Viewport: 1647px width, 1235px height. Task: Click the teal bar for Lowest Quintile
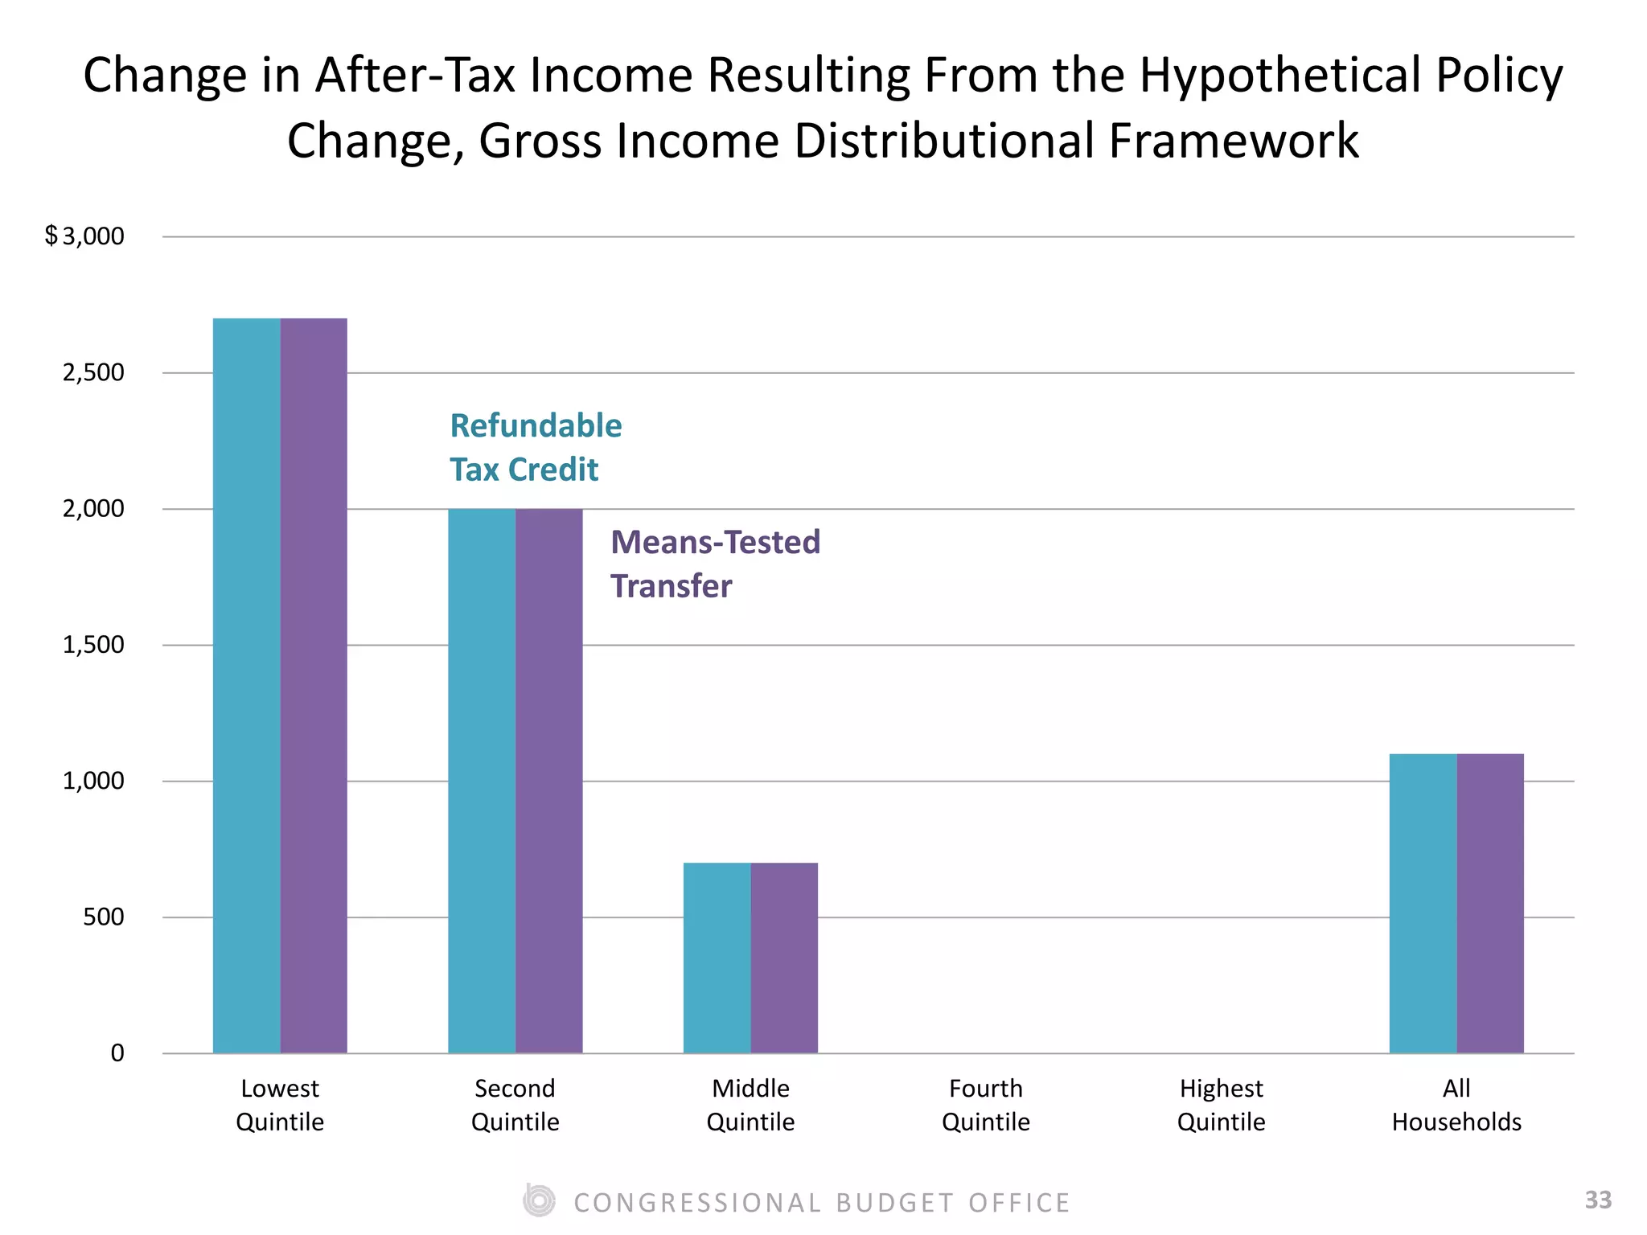(246, 685)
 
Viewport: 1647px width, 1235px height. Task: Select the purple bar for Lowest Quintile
(314, 685)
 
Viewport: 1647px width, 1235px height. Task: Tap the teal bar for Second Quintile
(482, 780)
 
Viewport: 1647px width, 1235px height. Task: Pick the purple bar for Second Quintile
(549, 780)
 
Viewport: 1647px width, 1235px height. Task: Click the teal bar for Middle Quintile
(717, 957)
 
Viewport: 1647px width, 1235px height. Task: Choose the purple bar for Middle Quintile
(784, 957)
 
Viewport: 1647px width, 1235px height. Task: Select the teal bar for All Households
(1423, 903)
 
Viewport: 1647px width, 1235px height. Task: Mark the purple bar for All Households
(1490, 903)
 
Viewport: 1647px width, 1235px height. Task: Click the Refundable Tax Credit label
(535, 447)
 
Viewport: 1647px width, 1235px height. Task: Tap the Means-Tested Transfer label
(714, 564)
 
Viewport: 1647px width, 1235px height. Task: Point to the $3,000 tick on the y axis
(85, 236)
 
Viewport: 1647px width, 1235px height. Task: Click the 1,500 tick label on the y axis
(93, 645)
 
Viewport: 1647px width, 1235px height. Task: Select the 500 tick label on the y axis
(103, 917)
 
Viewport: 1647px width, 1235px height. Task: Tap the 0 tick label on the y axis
(117, 1053)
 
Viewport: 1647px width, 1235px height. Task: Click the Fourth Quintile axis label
(985, 1105)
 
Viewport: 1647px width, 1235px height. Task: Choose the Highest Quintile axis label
(1221, 1105)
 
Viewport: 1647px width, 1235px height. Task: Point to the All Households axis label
(1456, 1105)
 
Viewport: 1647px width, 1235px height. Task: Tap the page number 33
(1598, 1200)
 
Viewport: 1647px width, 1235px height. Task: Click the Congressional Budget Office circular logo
(538, 1201)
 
